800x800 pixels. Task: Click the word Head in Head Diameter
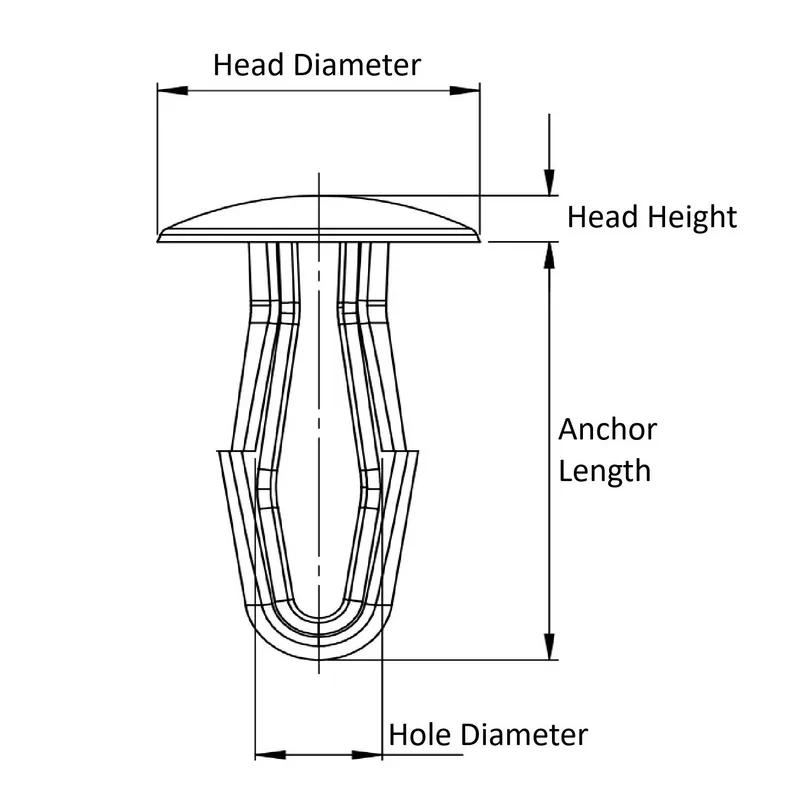pos(249,65)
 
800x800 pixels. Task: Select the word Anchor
pos(607,430)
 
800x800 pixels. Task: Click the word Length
pos(604,470)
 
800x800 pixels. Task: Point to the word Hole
pos(421,735)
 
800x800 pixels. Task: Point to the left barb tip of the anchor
pos(220,452)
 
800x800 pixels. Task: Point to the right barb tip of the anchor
pos(417,452)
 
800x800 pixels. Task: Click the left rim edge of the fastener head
pos(160,237)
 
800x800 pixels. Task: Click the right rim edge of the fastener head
pos(478,237)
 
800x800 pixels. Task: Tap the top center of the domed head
pos(318,196)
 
